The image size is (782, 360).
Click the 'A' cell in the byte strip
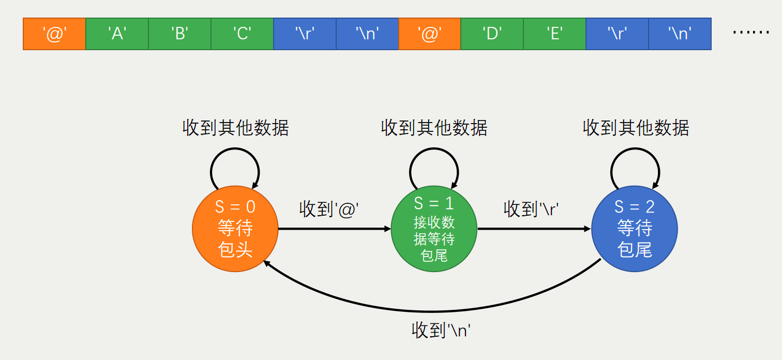(117, 34)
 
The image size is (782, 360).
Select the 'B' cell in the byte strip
(180, 34)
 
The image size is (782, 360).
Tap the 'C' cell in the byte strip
(242, 34)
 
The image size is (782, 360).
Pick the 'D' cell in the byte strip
(492, 34)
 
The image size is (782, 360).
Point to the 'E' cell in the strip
(554, 34)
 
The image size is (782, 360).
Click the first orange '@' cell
(54, 34)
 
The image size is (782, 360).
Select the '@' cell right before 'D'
(429, 34)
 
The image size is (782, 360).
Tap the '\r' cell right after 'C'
(305, 34)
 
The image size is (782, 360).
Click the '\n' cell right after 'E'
(680, 34)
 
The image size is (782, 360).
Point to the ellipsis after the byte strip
(751, 33)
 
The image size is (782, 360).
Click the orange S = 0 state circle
(235, 229)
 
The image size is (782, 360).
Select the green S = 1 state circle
(434, 229)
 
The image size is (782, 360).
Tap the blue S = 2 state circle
(635, 229)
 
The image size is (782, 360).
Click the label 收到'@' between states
(329, 209)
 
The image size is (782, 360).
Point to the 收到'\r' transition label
(532, 209)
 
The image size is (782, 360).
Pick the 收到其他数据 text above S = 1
(434, 127)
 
